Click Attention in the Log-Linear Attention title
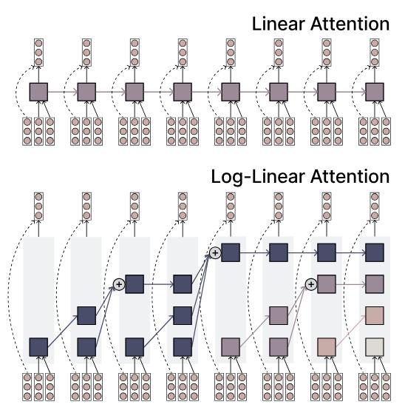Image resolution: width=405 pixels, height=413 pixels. (350, 176)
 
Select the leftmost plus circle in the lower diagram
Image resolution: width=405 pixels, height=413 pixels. (119, 284)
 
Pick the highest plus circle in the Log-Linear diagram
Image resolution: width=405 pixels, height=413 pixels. (215, 253)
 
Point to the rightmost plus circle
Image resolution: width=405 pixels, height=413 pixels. (311, 284)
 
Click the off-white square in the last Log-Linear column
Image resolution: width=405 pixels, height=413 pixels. (375, 347)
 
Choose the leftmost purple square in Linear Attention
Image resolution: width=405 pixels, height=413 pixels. (38, 92)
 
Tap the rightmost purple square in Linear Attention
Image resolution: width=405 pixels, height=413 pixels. (375, 92)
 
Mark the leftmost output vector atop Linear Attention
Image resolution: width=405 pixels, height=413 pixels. (38, 53)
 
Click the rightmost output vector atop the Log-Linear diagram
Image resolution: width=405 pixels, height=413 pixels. (375, 206)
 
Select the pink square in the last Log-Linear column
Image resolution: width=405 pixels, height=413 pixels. (375, 315)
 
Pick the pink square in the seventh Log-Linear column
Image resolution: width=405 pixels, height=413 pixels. (327, 347)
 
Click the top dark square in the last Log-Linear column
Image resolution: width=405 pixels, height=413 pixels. (375, 252)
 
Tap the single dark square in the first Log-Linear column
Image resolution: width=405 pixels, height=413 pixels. (38, 347)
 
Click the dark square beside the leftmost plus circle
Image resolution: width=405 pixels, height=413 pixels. (135, 284)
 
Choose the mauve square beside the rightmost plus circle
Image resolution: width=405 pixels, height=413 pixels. (327, 284)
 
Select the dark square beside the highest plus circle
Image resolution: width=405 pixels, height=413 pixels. (231, 252)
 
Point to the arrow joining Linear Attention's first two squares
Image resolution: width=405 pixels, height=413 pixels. (63, 92)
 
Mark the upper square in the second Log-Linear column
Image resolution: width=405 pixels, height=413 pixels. (86, 315)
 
